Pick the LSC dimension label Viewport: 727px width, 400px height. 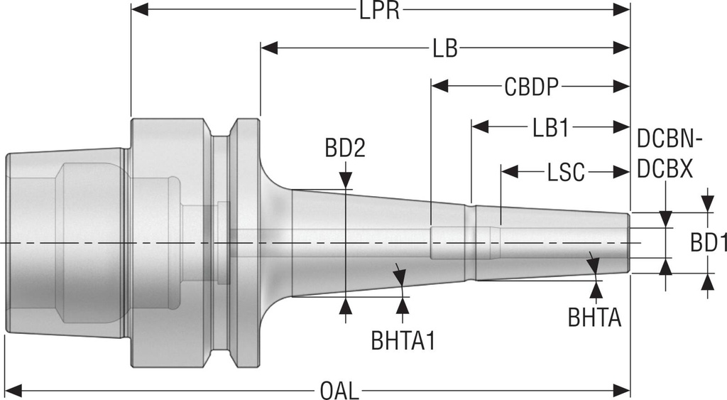point(565,172)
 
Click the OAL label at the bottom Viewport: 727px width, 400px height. point(340,390)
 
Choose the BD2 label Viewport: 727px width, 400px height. point(345,148)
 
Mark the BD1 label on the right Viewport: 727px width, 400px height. point(709,244)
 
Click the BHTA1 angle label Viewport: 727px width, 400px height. point(403,340)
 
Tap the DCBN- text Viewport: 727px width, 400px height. point(669,139)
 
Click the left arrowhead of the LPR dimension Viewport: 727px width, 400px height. point(139,10)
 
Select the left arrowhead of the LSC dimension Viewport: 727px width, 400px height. point(508,171)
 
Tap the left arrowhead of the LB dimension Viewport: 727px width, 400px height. point(269,48)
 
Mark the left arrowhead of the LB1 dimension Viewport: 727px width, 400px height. point(479,127)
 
